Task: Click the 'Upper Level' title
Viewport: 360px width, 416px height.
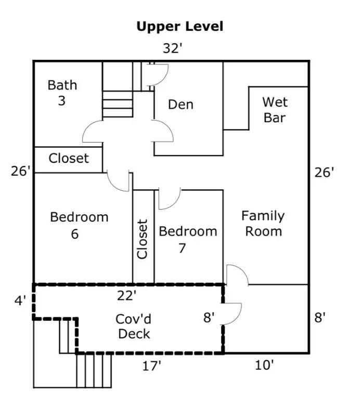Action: click(179, 27)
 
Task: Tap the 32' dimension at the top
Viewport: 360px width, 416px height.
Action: click(173, 48)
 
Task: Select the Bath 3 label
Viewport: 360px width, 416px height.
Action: click(62, 93)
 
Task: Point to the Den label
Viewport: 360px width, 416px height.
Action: click(181, 105)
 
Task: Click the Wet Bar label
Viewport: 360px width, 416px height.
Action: click(275, 110)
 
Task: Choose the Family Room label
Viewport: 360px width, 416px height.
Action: click(263, 224)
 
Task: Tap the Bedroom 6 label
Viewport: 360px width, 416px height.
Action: click(79, 225)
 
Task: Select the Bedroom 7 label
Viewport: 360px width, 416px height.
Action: click(188, 239)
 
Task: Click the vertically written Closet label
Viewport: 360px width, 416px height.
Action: click(143, 239)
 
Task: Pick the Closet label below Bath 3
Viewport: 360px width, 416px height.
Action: click(69, 159)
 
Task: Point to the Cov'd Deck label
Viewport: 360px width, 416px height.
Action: click(134, 327)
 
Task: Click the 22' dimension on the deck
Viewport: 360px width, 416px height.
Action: click(127, 295)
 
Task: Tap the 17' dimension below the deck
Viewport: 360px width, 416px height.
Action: click(151, 366)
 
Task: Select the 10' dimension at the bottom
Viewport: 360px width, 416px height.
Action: click(264, 365)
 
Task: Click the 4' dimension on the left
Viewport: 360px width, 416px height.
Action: click(20, 301)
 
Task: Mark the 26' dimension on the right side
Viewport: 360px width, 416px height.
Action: click(324, 173)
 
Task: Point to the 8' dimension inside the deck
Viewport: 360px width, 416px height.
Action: click(209, 318)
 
